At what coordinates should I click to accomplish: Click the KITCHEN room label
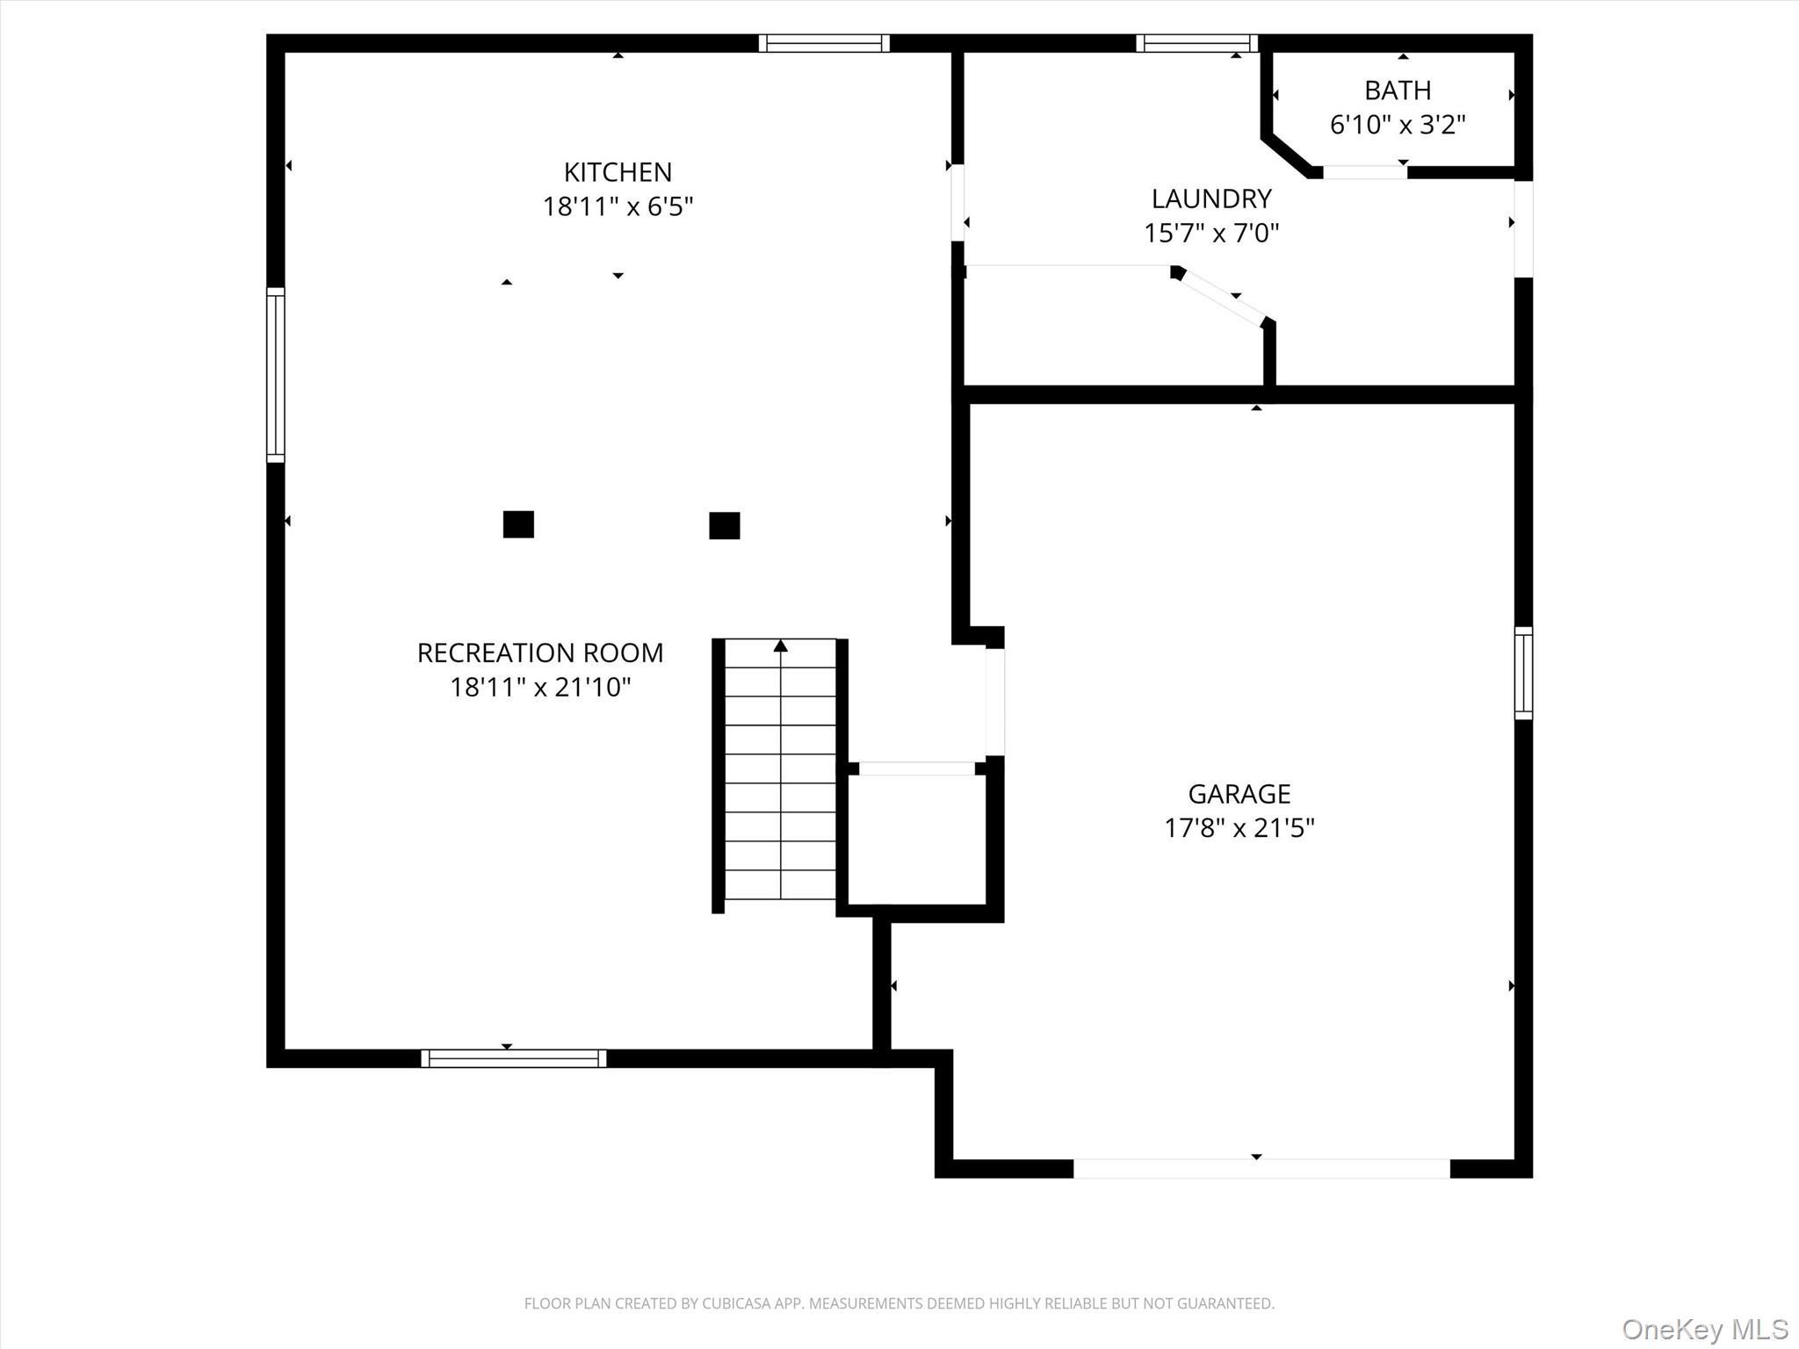pos(618,172)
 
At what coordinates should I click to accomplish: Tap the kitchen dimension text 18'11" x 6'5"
pos(618,207)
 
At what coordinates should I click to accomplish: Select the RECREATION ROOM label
pos(539,653)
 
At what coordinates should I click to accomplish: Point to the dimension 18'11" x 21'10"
pos(539,687)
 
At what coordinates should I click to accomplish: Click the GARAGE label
pos(1239,794)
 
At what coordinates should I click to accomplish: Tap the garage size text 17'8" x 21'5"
pos(1239,828)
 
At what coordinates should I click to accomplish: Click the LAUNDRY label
pos(1211,198)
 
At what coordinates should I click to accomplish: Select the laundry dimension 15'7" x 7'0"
pos(1211,234)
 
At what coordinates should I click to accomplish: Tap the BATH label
pos(1397,90)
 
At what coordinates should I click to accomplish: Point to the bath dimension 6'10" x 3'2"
pos(1397,125)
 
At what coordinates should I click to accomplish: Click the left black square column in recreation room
pos(518,524)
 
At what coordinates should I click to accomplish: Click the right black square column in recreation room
pos(724,525)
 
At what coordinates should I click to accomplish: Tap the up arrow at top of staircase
pos(780,646)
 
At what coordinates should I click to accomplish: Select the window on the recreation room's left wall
pos(276,375)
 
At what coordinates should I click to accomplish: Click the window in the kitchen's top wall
pos(824,43)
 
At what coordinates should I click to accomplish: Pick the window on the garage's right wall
pos(1523,673)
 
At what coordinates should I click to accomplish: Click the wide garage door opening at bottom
pos(1261,1168)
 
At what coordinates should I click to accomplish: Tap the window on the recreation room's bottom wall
pos(513,1058)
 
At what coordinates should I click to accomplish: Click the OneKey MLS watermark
pos(1704,1329)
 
